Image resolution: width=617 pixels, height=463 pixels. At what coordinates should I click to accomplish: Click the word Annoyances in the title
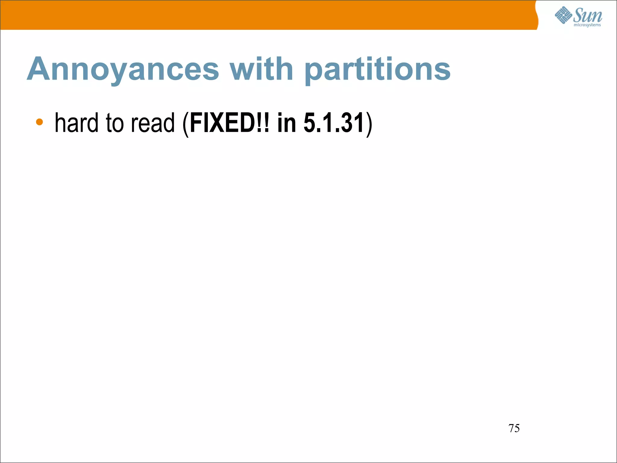(x=123, y=70)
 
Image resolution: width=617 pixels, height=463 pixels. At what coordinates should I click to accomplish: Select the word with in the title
(x=262, y=69)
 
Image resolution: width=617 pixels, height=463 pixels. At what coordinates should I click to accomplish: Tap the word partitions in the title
(x=377, y=70)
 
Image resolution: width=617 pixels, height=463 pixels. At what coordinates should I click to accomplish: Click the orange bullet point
(x=39, y=122)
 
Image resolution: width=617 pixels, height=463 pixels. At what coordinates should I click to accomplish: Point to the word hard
(x=77, y=123)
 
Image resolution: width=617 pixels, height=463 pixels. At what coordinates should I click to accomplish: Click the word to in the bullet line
(x=115, y=123)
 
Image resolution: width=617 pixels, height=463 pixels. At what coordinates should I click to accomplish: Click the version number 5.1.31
(x=334, y=123)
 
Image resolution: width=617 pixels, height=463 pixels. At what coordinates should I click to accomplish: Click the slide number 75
(x=514, y=428)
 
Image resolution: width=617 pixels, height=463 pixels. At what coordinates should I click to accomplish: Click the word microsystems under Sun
(x=587, y=25)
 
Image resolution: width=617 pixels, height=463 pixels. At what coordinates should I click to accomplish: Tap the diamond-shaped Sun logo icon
(x=563, y=15)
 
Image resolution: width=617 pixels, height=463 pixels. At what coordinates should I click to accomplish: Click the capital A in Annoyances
(x=38, y=69)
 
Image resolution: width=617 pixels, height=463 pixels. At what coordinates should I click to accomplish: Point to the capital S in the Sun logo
(x=578, y=15)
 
